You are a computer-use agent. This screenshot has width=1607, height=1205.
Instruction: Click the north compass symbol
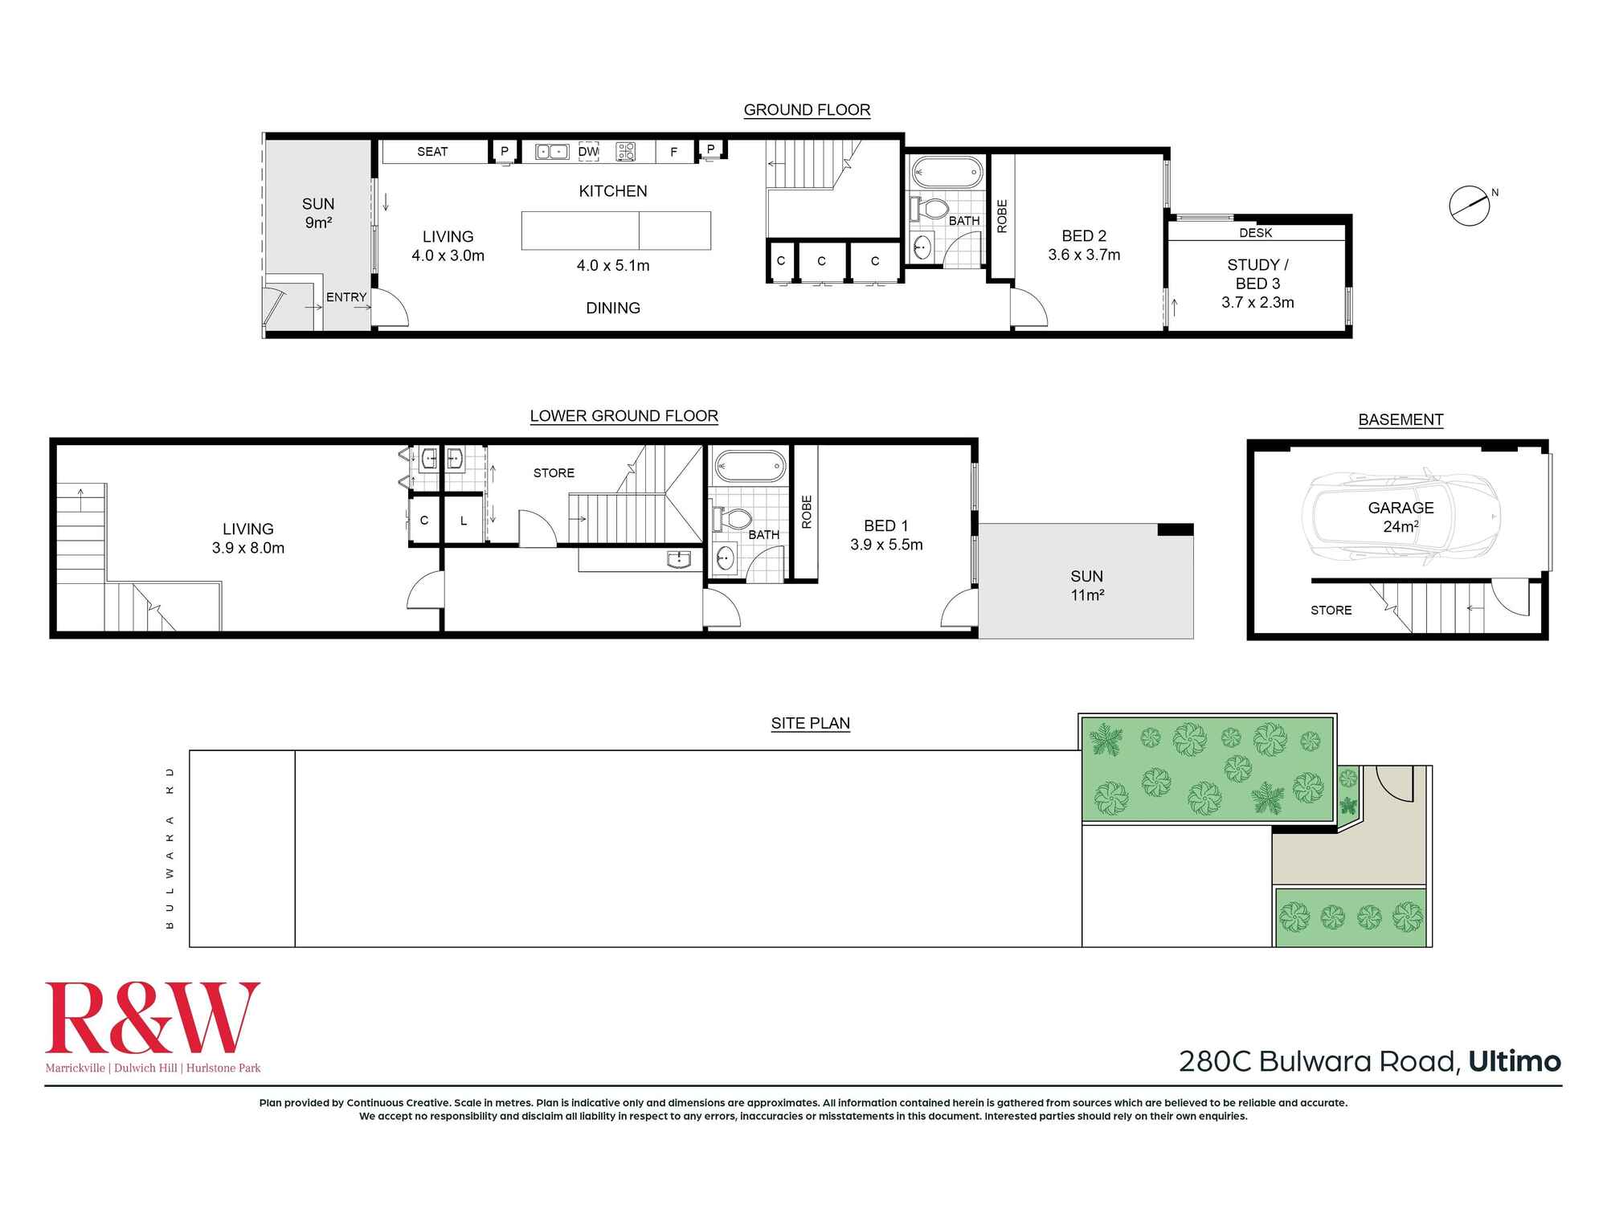point(1470,205)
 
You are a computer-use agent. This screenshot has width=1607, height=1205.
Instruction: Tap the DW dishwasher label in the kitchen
point(588,151)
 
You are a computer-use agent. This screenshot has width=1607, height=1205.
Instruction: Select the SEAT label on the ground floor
point(432,152)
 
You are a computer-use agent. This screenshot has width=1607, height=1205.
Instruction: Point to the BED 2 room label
point(1084,236)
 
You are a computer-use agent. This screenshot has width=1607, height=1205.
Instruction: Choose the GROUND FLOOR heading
point(807,110)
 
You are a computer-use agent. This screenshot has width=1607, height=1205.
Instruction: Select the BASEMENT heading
point(1401,419)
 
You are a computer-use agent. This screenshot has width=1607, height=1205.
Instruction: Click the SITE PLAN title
point(810,723)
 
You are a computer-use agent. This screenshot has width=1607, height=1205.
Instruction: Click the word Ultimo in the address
point(1515,1061)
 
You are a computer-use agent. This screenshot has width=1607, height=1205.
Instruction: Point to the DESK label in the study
point(1256,233)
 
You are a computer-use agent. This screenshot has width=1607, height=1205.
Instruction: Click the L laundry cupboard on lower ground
point(464,521)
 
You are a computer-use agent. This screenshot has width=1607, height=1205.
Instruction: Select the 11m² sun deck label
point(1086,595)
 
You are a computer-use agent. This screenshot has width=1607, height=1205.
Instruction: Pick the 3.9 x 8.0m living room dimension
point(248,548)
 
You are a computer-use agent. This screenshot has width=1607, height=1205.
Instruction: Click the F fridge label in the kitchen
point(673,152)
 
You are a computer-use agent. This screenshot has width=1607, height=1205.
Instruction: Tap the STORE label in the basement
point(1331,611)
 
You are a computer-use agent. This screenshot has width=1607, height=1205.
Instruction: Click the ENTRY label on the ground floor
point(346,297)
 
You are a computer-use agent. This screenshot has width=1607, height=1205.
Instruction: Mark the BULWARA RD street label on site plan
point(170,848)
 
